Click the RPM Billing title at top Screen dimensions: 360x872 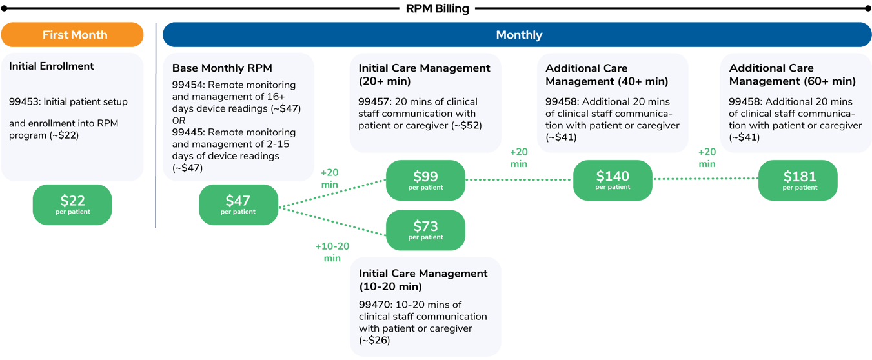click(437, 8)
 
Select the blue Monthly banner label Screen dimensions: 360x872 click(518, 35)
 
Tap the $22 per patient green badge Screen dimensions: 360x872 click(72, 205)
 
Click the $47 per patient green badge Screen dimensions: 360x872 click(238, 205)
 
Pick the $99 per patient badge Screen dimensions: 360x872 click(425, 180)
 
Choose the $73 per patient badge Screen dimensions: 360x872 click(425, 230)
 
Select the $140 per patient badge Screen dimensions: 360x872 click(613, 180)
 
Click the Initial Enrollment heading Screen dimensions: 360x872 click(52, 66)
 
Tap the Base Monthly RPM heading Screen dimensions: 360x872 click(222, 68)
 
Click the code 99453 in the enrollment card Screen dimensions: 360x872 click(24, 101)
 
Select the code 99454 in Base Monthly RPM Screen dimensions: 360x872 click(187, 85)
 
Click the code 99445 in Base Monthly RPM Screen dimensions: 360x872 click(187, 132)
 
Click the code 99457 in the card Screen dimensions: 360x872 click(374, 101)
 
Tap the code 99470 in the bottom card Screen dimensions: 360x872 click(374, 305)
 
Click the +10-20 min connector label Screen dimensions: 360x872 click(332, 252)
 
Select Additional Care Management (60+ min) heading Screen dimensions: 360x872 click(792, 74)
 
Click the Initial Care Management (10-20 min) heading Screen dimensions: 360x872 click(423, 279)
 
